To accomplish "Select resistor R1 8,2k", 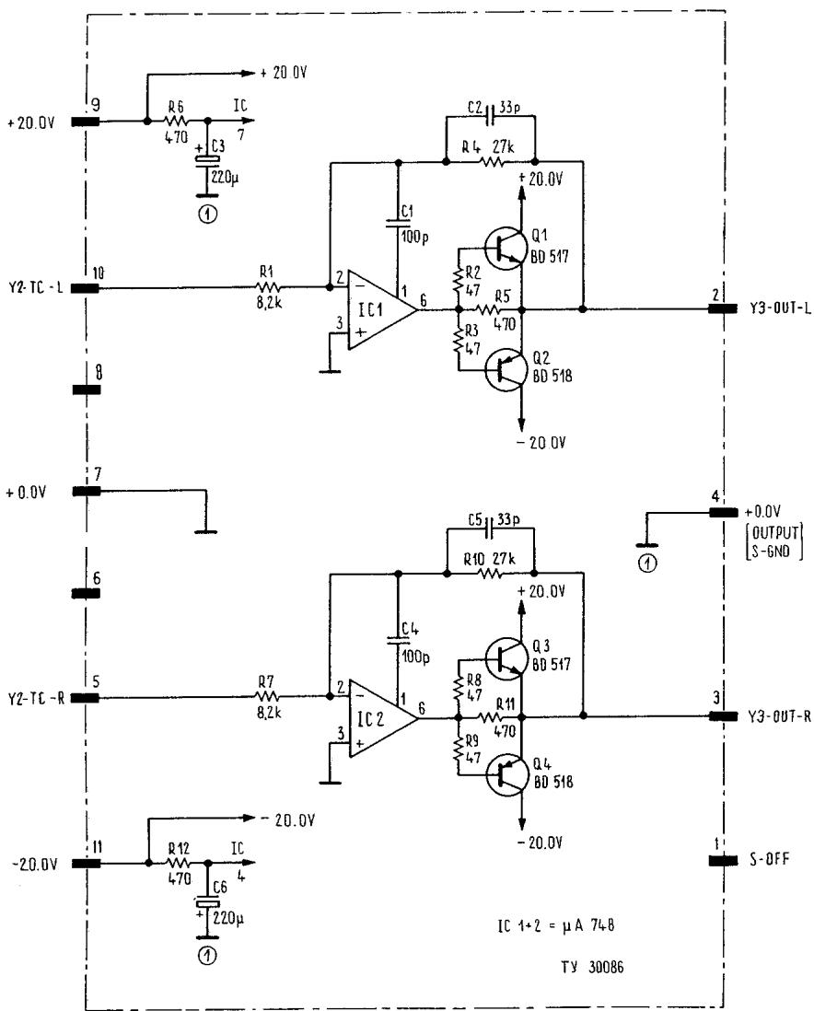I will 270,286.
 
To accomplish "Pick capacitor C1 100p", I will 399,219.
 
